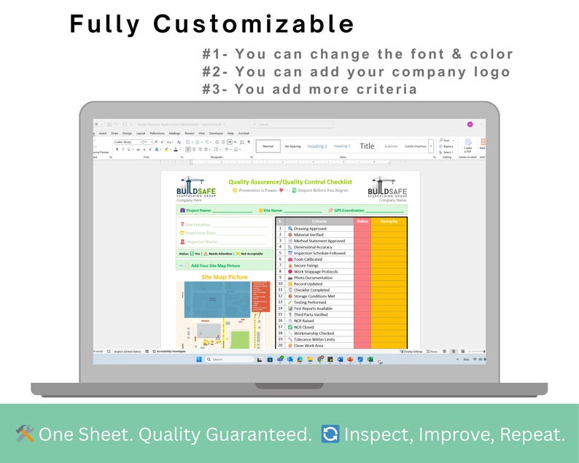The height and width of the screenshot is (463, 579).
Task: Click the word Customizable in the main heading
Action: (x=253, y=24)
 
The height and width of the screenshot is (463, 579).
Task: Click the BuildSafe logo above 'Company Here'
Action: (x=196, y=187)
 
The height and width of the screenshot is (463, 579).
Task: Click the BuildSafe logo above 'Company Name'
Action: (x=387, y=187)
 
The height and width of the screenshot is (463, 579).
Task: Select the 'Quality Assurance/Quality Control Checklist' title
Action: (x=290, y=182)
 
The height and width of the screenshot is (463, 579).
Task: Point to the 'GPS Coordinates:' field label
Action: (x=347, y=210)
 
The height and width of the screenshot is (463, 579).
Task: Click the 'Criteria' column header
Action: (x=319, y=221)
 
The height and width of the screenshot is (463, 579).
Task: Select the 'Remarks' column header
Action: (x=389, y=221)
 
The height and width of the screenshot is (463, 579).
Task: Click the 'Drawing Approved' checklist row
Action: (x=310, y=228)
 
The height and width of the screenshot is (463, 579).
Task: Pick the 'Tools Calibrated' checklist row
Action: (x=308, y=259)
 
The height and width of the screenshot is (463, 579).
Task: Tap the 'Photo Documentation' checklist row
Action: (x=313, y=278)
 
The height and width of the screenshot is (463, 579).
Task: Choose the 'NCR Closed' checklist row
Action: (x=304, y=327)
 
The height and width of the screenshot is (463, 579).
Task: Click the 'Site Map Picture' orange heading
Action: (x=225, y=277)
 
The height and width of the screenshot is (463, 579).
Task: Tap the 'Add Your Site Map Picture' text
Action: (x=215, y=266)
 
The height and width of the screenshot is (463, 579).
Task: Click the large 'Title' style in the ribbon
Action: (x=367, y=146)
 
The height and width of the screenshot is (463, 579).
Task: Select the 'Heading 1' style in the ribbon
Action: (x=317, y=146)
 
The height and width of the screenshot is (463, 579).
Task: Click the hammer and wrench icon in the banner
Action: (x=25, y=435)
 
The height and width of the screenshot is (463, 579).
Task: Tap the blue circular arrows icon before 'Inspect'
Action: (x=331, y=435)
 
